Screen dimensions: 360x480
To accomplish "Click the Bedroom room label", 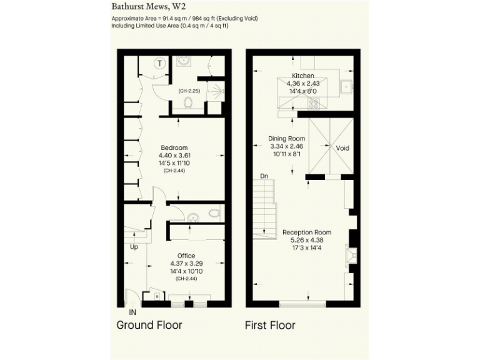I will (x=173, y=147).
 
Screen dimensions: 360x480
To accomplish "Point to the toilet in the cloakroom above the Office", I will (x=214, y=214).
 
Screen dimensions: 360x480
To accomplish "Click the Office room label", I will (x=186, y=256).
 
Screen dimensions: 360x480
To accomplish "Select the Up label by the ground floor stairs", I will (x=133, y=247).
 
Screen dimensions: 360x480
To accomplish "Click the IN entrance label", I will (x=132, y=311).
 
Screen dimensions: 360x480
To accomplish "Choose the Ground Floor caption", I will (x=149, y=325).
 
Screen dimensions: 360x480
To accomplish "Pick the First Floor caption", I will (x=270, y=325).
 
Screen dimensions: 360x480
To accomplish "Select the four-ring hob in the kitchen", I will (x=314, y=104).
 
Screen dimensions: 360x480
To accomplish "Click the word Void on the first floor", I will (x=342, y=149).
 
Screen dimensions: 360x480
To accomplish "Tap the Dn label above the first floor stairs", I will (x=264, y=176).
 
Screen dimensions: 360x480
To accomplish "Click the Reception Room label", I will (x=306, y=232).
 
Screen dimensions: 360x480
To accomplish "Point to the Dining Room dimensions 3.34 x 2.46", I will (x=286, y=146).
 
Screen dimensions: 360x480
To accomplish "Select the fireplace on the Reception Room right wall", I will (x=351, y=254).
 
